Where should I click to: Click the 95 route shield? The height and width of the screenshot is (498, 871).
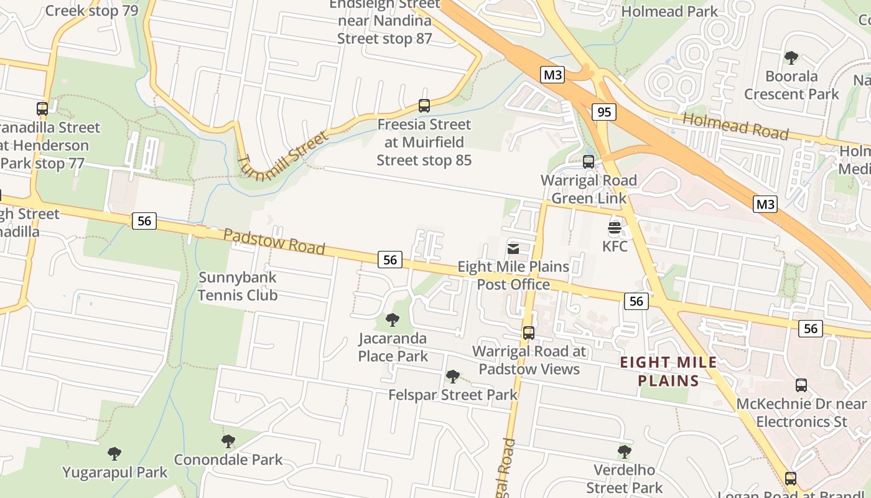coord(603,112)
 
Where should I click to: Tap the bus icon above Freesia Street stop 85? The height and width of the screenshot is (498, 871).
coord(424,106)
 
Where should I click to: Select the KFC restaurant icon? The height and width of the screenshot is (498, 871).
coord(615,227)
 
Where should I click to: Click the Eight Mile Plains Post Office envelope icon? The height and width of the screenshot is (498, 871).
coord(513,249)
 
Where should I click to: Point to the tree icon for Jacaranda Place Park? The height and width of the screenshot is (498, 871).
coord(393,320)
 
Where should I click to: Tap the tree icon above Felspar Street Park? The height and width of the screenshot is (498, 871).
coord(453,376)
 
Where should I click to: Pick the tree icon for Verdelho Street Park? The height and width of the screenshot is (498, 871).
coord(625,452)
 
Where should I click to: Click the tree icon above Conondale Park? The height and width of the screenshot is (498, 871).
coord(228,441)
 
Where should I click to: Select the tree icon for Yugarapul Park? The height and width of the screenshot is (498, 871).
coord(114,453)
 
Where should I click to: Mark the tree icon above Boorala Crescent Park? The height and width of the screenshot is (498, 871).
coord(791,58)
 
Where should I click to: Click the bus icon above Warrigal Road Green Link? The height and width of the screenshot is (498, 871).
coord(589,162)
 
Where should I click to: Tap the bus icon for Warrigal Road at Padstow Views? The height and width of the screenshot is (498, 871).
coord(529,332)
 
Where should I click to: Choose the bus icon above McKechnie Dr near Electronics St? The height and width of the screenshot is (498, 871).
coord(801,385)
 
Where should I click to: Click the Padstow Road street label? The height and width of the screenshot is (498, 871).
coord(274,242)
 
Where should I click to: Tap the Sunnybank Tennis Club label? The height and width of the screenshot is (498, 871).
coord(238,286)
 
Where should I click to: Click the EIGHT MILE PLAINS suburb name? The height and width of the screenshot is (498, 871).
coord(669,372)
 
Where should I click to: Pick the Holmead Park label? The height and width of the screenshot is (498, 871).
coord(669,11)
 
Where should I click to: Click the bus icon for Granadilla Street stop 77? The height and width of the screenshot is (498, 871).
coord(42,109)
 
